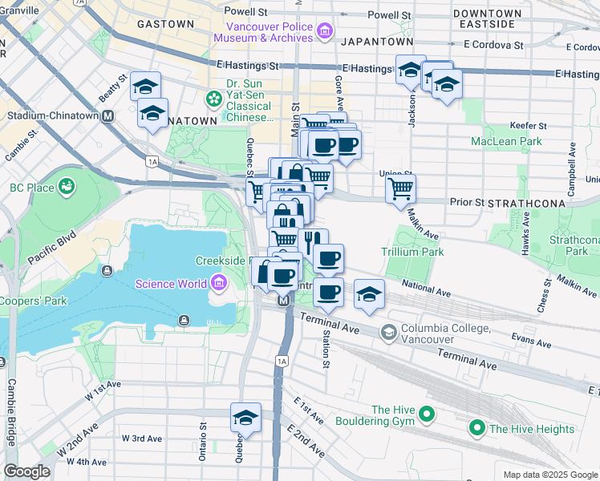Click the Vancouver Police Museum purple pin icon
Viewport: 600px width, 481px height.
coord(325,32)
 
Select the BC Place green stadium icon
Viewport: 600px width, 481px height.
coord(67,188)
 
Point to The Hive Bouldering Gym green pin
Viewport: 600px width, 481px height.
coord(427,414)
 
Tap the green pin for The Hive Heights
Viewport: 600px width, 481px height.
coord(477,429)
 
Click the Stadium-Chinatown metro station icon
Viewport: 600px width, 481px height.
coord(107,115)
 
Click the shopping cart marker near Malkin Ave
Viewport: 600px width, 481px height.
coord(399,189)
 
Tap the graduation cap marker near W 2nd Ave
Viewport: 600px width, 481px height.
coord(246,417)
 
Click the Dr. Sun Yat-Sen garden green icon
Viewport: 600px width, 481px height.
coord(214,99)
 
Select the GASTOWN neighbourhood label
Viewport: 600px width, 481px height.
coord(165,24)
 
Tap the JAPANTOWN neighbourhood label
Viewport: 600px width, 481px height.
coord(377,41)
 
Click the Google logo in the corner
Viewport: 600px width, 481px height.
coord(26,471)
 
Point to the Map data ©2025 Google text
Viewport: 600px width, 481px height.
coord(549,475)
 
